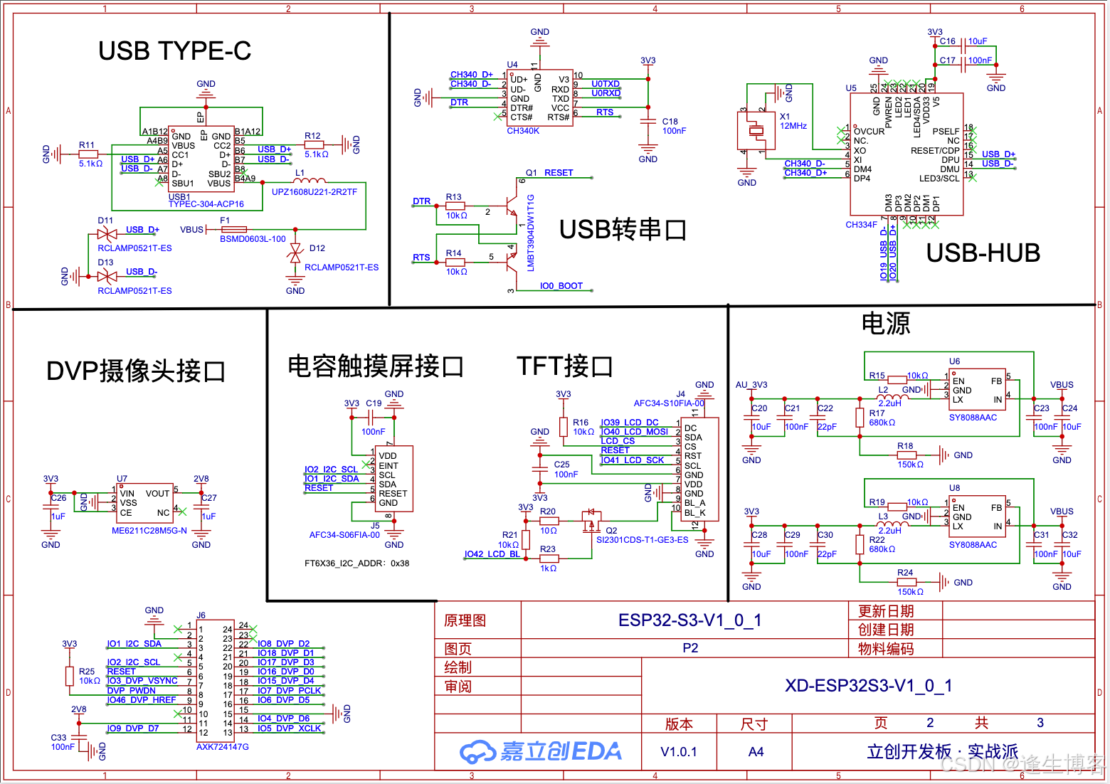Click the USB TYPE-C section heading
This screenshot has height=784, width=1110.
[x=174, y=51]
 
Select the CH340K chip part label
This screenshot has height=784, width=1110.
[x=523, y=131]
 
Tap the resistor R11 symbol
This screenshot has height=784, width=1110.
[x=88, y=154]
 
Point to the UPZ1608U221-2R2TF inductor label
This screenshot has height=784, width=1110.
[x=314, y=192]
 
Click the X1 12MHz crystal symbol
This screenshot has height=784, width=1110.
[x=756, y=131]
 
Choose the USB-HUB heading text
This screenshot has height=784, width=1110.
[x=983, y=253]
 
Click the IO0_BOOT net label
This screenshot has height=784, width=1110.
[x=561, y=286]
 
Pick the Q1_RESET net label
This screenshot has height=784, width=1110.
[x=549, y=173]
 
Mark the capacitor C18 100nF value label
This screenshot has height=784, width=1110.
[x=674, y=131]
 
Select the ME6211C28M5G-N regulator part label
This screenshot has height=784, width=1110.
[x=149, y=531]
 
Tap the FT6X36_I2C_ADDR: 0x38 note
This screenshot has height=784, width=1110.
[x=356, y=563]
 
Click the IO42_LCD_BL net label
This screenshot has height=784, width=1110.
[x=492, y=554]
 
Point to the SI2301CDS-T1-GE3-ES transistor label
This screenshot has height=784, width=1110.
[x=642, y=540]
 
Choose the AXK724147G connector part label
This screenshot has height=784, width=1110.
[x=223, y=747]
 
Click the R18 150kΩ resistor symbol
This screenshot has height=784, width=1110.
[x=905, y=455]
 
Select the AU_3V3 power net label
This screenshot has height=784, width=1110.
[x=751, y=385]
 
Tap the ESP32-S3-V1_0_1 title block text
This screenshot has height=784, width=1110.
[x=689, y=620]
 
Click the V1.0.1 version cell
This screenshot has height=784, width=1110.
[x=679, y=752]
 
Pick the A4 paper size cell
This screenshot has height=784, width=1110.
[x=756, y=752]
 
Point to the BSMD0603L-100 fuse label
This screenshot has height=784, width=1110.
[x=253, y=239]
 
